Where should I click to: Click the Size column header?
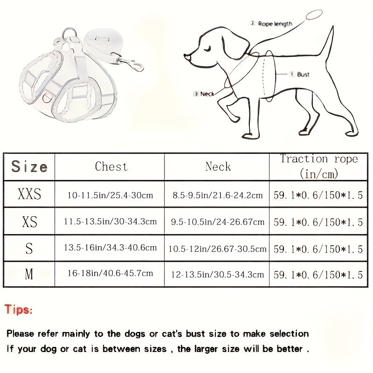tap(29, 166)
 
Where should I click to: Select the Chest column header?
tap(111, 166)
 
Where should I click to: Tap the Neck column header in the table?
tap(218, 166)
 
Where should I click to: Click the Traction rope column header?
tap(319, 166)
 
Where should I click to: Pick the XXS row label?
tap(29, 194)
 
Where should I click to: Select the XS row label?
tap(29, 222)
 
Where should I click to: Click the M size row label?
tap(29, 274)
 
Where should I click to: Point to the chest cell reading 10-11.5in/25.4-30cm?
tap(110, 195)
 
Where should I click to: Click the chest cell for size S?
tap(110, 248)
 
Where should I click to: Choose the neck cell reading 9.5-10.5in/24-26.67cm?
tap(217, 222)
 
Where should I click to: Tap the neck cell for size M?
tap(217, 275)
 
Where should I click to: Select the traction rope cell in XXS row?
tap(318, 195)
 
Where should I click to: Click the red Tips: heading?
tap(18, 310)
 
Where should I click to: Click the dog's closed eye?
tap(207, 49)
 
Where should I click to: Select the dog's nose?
tap(187, 57)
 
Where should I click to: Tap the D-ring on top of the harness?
tap(69, 33)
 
